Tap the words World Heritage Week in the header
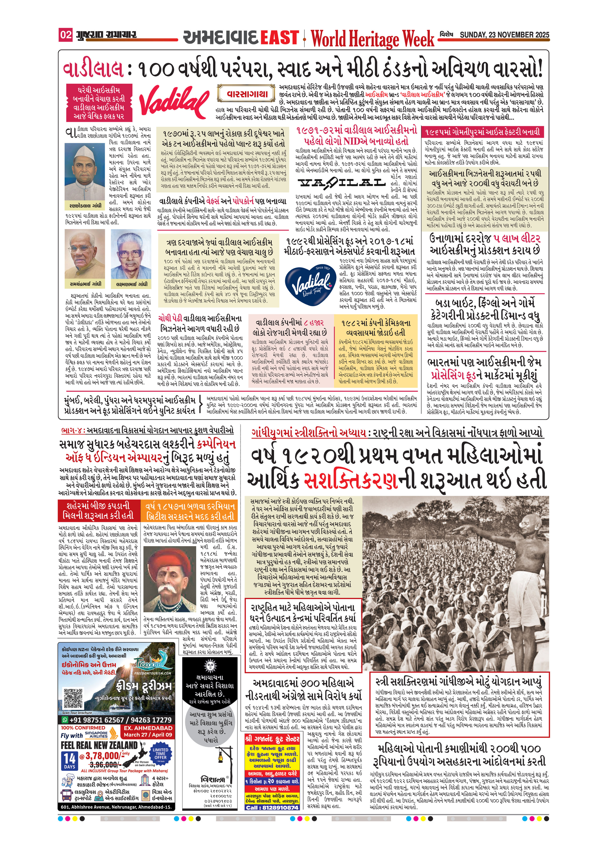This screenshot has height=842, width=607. pos(372,38)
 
